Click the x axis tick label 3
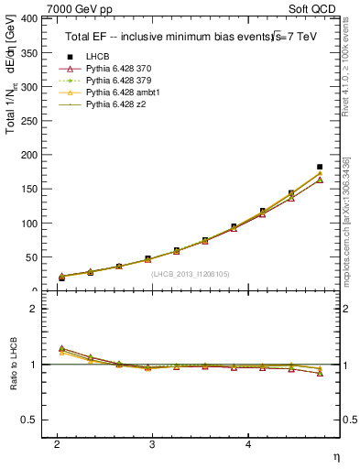152,444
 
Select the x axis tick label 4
247,444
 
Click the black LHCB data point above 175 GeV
319,167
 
